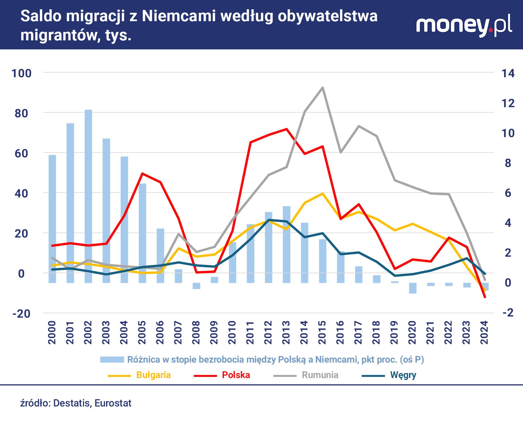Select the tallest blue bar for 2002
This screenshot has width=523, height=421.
click(x=88, y=196)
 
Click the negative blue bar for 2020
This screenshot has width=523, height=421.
click(x=412, y=288)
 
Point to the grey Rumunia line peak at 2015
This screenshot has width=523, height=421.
click(x=322, y=87)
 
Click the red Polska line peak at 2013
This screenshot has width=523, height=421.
click(x=286, y=129)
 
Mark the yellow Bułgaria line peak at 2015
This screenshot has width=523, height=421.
click(x=322, y=194)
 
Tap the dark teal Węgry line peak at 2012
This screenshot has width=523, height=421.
click(x=269, y=220)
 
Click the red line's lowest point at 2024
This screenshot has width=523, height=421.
click(x=485, y=297)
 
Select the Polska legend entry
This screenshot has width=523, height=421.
click(x=236, y=375)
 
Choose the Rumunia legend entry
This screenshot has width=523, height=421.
click(x=320, y=375)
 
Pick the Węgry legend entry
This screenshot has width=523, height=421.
click(x=403, y=375)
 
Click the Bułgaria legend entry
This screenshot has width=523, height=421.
click(x=153, y=375)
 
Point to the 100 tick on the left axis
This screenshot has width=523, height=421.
click(x=21, y=73)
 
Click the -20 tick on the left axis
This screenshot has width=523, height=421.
click(x=21, y=314)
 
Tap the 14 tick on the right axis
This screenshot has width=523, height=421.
click(x=508, y=73)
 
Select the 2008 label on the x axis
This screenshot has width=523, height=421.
click(x=196, y=332)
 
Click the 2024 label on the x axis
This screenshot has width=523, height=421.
click(x=484, y=332)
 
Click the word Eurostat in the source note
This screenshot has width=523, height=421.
click(x=113, y=403)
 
